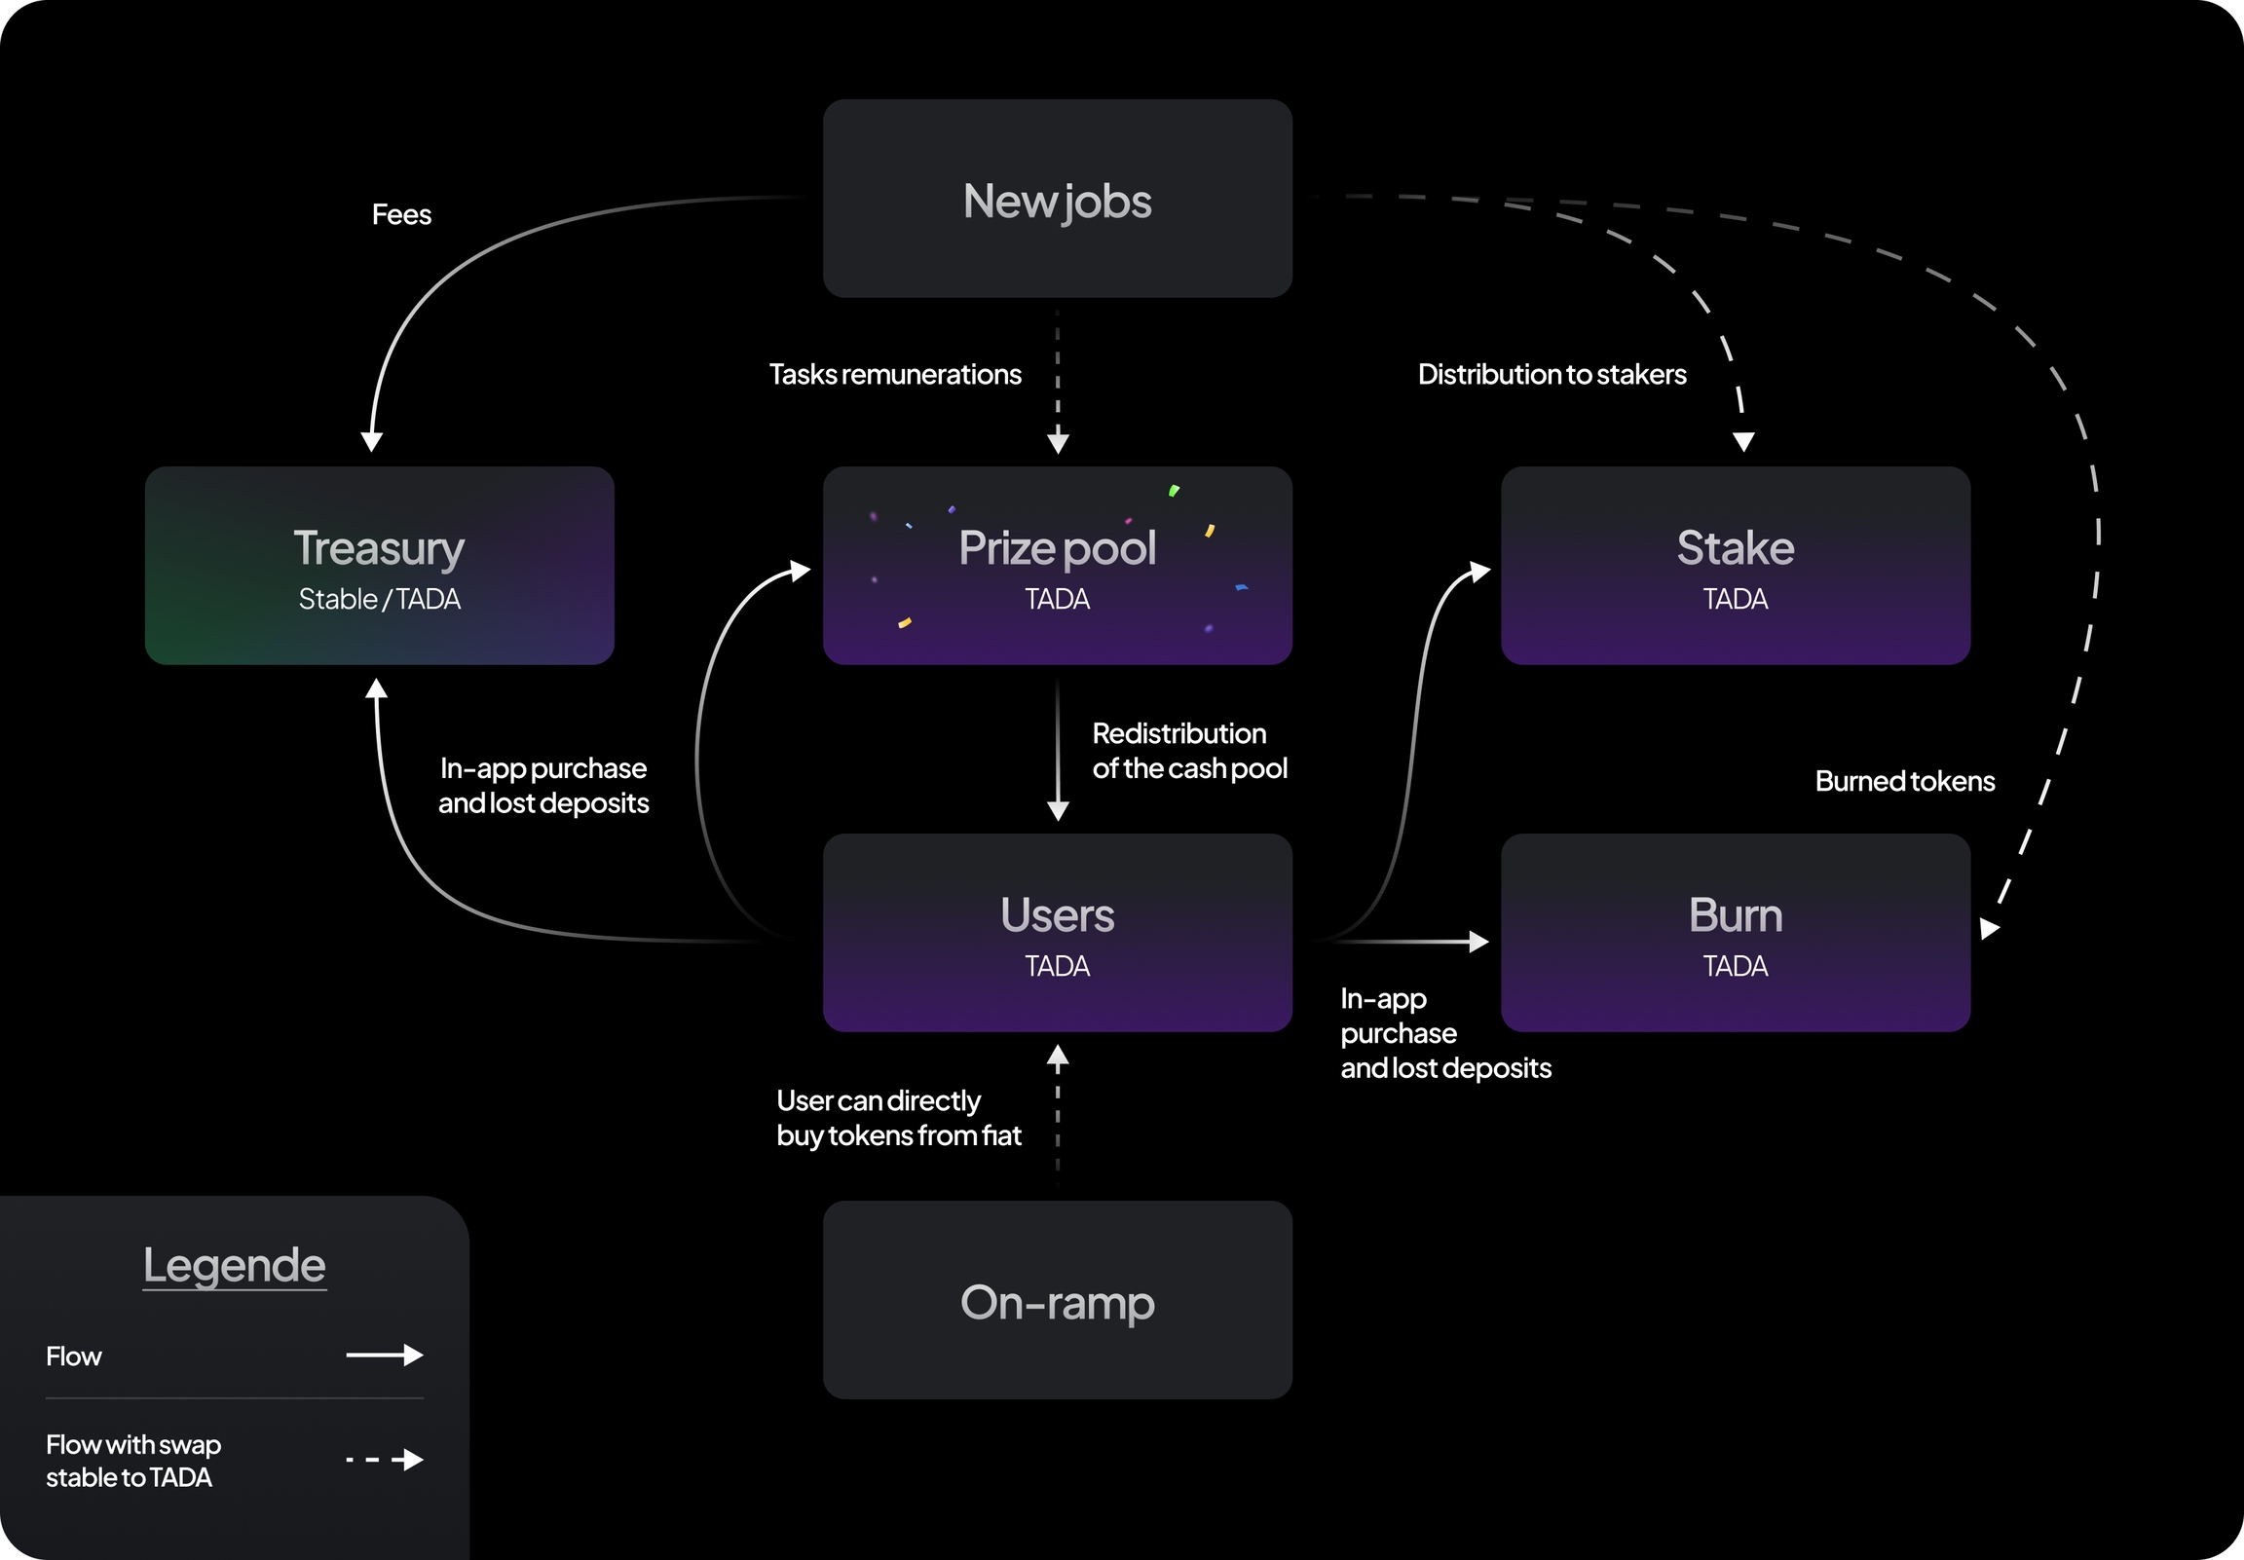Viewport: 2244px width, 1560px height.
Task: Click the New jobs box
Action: pos(1058,199)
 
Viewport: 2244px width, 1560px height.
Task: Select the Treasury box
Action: pos(379,565)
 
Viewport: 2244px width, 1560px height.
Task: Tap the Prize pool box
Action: pos(1058,565)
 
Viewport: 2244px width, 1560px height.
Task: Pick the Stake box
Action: pos(1736,565)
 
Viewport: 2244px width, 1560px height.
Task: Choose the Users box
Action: pos(1058,933)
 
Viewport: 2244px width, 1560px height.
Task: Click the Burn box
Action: pos(1736,933)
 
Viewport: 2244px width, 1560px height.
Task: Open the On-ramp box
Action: pos(1058,1300)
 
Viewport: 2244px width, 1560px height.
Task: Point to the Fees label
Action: pos(401,215)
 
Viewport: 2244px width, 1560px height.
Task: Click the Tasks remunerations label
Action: pos(895,374)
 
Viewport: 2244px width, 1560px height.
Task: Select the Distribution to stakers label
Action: pos(1552,374)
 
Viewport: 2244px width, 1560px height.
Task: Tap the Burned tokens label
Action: pos(1905,781)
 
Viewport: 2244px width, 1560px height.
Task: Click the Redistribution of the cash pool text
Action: pos(1189,751)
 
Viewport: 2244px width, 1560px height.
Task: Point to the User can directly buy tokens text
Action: pos(898,1118)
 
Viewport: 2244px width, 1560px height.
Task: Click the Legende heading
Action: pos(235,1265)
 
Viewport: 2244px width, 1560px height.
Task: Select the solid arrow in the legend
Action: pos(384,1356)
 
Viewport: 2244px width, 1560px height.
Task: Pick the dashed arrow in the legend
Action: pos(384,1461)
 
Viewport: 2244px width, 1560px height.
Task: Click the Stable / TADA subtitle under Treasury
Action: pos(379,599)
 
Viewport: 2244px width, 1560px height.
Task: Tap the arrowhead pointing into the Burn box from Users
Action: pos(1479,943)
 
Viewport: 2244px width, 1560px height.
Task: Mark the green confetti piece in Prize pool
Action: pos(1174,491)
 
